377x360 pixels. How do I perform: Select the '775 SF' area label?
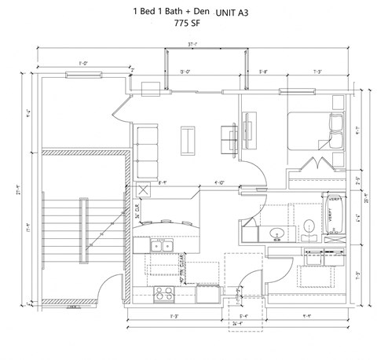click(188, 24)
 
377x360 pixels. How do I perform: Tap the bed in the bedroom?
click(314, 130)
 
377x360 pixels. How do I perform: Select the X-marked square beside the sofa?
click(143, 189)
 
